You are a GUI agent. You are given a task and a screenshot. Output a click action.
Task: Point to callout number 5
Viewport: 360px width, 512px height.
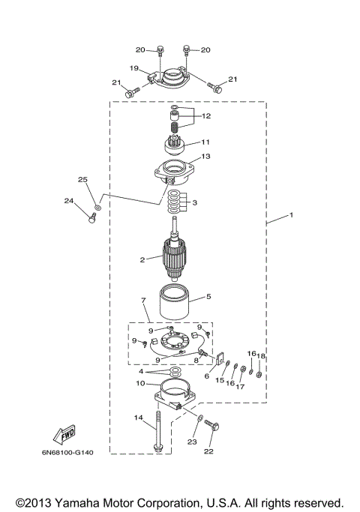click(x=208, y=297)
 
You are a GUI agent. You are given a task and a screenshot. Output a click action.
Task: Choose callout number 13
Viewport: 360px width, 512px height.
click(x=206, y=157)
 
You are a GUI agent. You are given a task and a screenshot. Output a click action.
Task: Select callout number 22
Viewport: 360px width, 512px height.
click(x=209, y=452)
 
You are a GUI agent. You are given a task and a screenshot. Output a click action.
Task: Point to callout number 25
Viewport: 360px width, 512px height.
click(x=82, y=180)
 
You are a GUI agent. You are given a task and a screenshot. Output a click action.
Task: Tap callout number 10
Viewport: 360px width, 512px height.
click(x=139, y=383)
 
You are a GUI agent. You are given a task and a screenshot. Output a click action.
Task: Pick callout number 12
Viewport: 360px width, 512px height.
click(x=205, y=116)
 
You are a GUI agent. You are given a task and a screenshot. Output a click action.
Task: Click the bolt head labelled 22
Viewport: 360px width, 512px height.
click(x=211, y=427)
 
